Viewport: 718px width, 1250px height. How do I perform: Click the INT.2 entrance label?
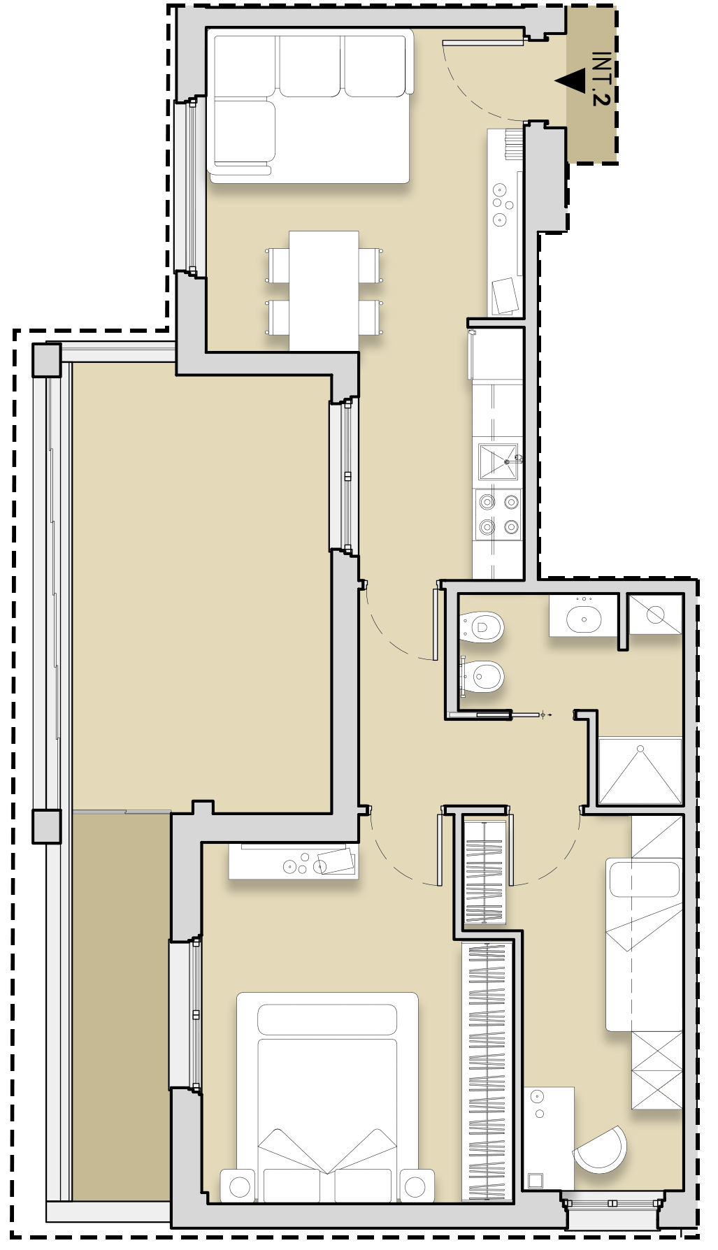pos(601,78)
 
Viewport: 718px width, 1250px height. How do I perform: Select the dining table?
pos(324,291)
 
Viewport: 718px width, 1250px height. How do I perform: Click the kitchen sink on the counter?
pos(498,461)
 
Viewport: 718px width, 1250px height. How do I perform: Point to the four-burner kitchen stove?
pos(498,515)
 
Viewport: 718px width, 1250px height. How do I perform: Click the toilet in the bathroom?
pos(482,627)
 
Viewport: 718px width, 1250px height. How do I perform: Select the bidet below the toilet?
pos(482,676)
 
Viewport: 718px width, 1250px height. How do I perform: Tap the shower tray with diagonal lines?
pos(640,770)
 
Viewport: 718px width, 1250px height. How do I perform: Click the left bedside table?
pos(238,1186)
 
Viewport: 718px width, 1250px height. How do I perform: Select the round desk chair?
pos(601,1149)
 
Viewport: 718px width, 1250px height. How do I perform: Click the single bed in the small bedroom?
pos(644,944)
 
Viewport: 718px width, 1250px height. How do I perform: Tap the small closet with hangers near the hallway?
pos(484,870)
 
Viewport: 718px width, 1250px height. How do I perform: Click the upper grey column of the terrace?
pos(47,359)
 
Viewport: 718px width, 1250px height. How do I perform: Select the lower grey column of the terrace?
pos(47,826)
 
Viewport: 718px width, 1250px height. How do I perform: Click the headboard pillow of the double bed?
pos(327,1020)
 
